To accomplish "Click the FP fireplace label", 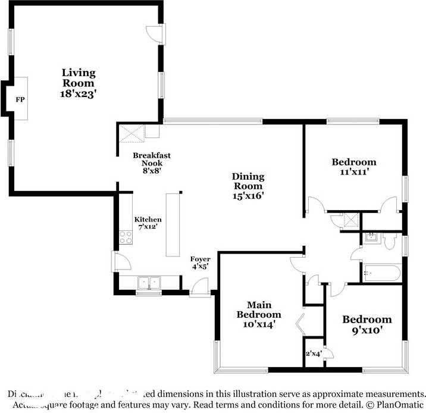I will tap(20, 99).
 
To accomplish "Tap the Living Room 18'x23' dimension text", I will tap(79, 94).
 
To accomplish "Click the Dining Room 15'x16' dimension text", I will tap(248, 194).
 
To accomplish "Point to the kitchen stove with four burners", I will tap(126, 237).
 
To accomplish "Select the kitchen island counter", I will tap(174, 224).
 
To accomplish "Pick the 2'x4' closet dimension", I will tap(313, 353).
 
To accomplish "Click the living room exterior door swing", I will tap(154, 34).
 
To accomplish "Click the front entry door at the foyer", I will tap(199, 290).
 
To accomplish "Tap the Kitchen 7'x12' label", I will tap(148, 224).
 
